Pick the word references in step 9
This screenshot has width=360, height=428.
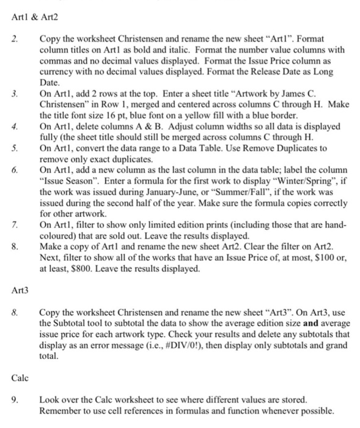158,410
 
